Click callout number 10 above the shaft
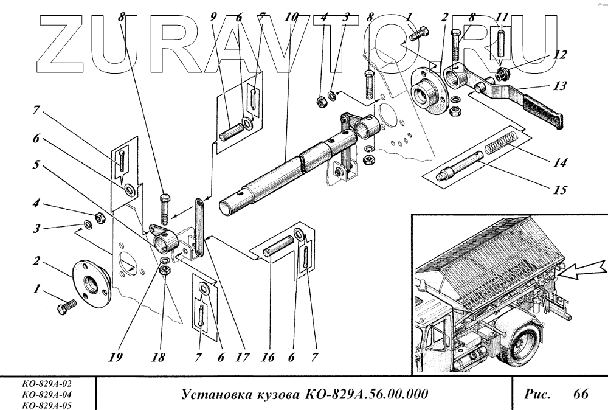point(292,18)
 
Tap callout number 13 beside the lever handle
point(561,87)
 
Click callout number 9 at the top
point(213,18)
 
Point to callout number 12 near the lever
point(560,55)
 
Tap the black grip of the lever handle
point(542,108)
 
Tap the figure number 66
point(581,394)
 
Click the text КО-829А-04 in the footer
point(46,394)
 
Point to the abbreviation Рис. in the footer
point(537,394)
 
